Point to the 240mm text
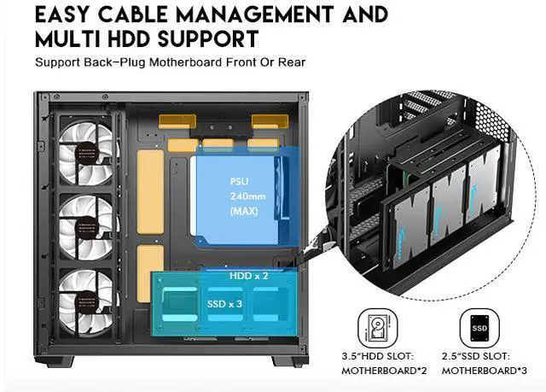242,196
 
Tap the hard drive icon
378,327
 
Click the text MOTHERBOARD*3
481,371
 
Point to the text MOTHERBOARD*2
381,371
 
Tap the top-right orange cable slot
270,120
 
